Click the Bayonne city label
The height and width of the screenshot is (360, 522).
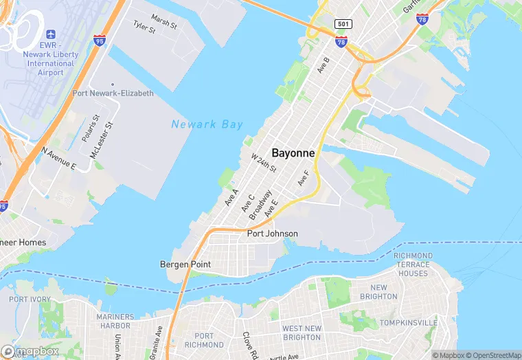(x=293, y=153)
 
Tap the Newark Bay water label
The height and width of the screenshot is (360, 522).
(x=207, y=124)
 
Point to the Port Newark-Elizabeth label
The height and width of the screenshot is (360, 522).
(x=113, y=93)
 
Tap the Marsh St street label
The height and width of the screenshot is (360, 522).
(x=163, y=22)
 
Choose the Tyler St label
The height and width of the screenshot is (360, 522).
(x=144, y=27)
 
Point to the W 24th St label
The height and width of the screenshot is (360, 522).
(x=263, y=164)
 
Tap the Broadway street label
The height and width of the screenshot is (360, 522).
(x=260, y=205)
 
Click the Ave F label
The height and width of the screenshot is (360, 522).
(x=303, y=177)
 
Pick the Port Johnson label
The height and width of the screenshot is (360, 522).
(x=273, y=234)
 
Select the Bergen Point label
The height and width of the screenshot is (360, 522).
(x=185, y=264)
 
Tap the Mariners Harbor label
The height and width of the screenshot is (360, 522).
(x=115, y=321)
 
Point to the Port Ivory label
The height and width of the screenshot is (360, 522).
(x=30, y=300)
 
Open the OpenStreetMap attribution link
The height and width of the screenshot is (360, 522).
(x=494, y=355)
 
